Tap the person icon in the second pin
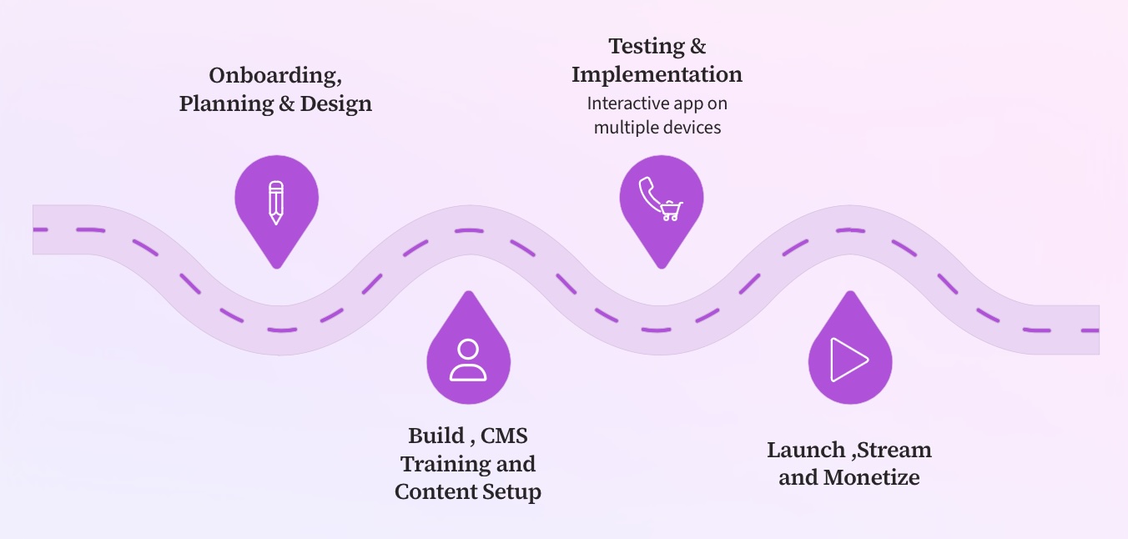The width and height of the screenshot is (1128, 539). [x=468, y=360]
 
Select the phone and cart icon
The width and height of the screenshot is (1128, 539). [x=661, y=199]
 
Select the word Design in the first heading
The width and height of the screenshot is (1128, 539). [x=335, y=104]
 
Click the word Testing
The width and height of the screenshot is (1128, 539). [x=646, y=47]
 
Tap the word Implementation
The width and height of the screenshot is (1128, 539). [x=657, y=75]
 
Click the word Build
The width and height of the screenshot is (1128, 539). [x=436, y=436]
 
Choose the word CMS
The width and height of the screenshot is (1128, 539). [x=505, y=436]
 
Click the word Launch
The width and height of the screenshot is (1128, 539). [x=806, y=451]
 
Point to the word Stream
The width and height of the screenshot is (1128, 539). [x=894, y=451]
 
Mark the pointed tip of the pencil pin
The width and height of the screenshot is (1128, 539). [x=276, y=266]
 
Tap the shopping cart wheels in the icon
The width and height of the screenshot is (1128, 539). [x=670, y=218]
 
